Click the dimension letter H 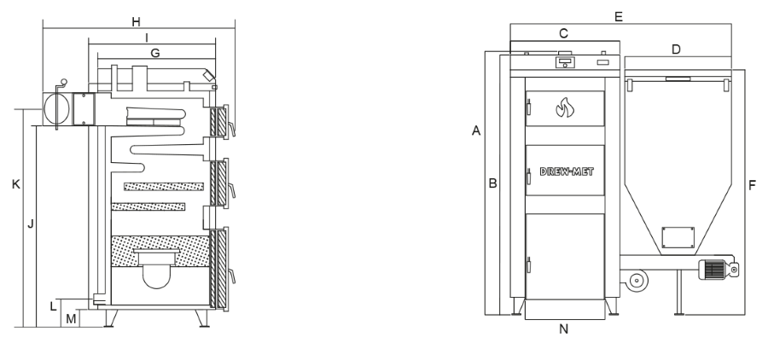pos(137,21)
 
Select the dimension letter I pos(147,37)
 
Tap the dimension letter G pos(154,53)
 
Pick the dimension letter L pos(53,305)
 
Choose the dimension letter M pos(72,319)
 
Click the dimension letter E pos(619,16)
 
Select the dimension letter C pos(563,32)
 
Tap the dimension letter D pos(676,49)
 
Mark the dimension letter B pos(492,183)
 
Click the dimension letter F pos(751,183)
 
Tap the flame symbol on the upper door pos(564,108)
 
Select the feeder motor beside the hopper pos(715,269)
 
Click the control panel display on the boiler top pos(564,61)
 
